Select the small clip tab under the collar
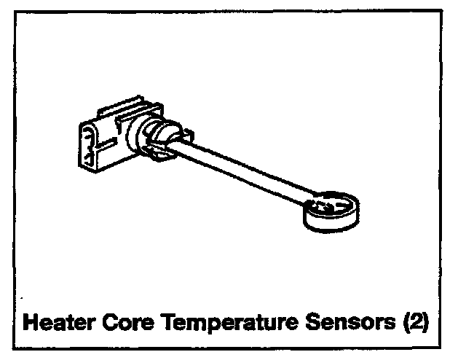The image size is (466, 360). coord(157,153)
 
